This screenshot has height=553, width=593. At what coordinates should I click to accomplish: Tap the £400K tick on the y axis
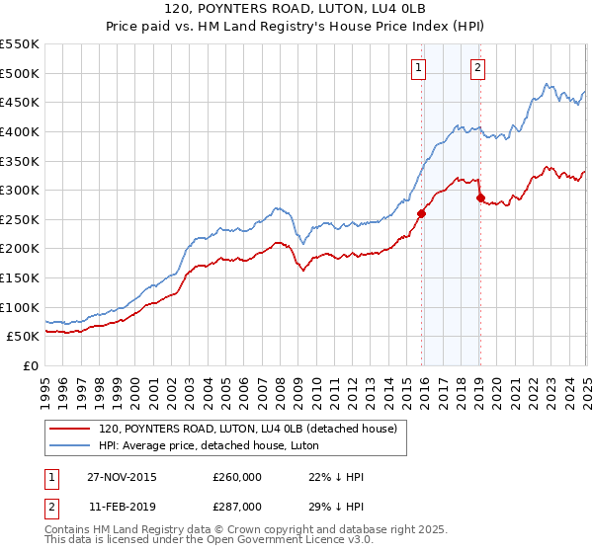21,131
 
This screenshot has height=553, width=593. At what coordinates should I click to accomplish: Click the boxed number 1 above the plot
419,68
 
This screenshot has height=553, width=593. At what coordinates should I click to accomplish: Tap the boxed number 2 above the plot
477,68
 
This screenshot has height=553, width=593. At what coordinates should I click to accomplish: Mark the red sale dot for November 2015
421,212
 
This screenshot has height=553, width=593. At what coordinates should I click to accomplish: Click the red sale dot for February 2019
480,197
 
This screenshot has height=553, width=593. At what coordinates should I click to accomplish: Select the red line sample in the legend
70,429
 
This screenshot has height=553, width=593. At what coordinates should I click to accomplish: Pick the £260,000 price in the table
237,477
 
